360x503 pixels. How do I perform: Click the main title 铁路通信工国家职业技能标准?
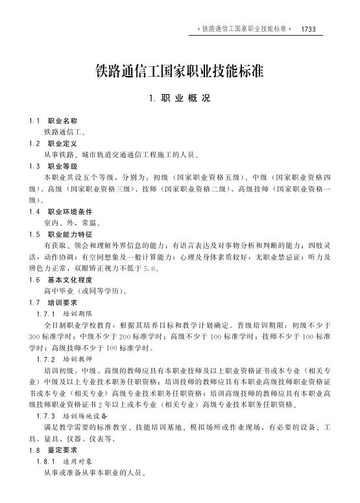pos(180,71)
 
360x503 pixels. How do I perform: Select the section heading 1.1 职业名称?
pos(54,121)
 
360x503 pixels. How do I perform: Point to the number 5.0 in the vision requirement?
pos(149,267)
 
